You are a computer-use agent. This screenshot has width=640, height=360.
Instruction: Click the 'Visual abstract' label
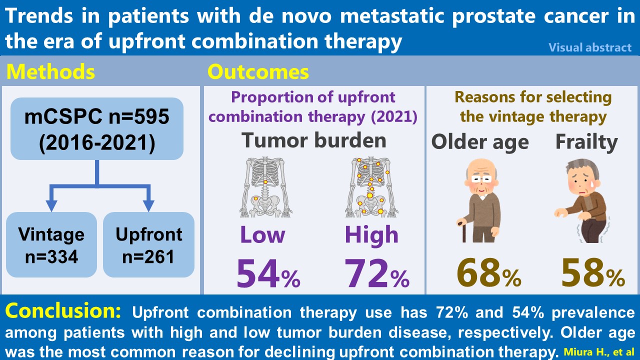[x=590, y=47]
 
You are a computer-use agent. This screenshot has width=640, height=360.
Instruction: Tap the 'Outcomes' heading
[x=258, y=72]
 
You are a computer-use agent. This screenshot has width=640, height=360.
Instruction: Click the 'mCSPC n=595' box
[x=97, y=128]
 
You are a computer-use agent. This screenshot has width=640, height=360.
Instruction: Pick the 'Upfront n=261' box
[x=148, y=245]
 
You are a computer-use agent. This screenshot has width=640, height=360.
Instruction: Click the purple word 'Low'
[x=263, y=234]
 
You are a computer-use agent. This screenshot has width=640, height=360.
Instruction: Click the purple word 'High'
[x=371, y=234]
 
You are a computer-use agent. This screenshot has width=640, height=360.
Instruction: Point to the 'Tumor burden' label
[x=314, y=140]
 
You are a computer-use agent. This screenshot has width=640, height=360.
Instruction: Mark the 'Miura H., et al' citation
[x=598, y=352]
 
